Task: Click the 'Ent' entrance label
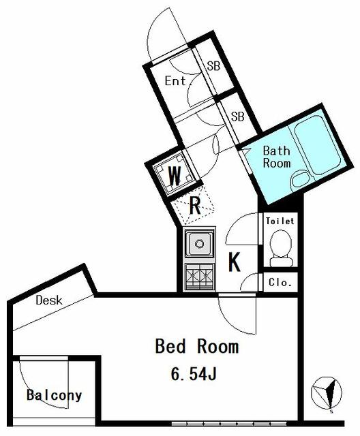point(175,81)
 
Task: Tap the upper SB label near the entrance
point(213,66)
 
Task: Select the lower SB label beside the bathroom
point(238,116)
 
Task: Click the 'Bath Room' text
point(277,157)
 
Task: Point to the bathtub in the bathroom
point(318,145)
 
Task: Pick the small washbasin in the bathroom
point(300,178)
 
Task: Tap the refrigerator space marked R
point(193,206)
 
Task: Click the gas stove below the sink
point(199,277)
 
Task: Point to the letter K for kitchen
point(235,262)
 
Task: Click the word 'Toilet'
point(280,221)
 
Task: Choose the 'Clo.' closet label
point(280,283)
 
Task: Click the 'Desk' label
point(49,300)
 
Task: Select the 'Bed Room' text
point(196,347)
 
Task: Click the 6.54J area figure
point(194,373)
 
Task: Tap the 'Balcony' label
point(55,395)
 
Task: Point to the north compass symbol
point(326,393)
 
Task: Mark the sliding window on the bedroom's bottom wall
point(229,424)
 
